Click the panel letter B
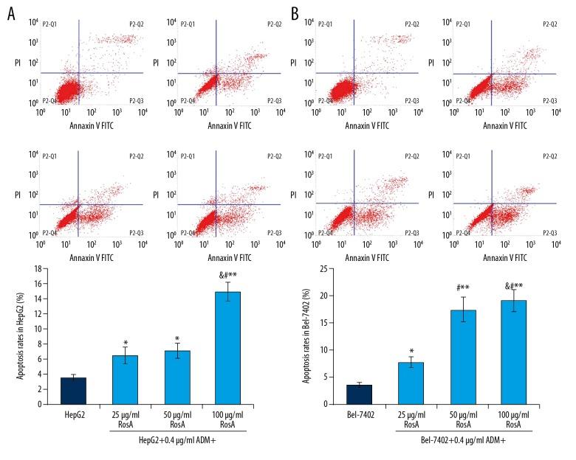pyautogui.click(x=295, y=13)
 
